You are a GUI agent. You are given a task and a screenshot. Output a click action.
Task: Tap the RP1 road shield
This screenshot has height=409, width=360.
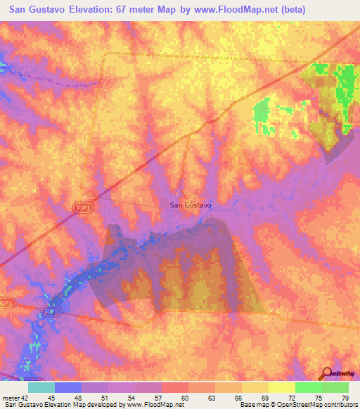[x=81, y=207]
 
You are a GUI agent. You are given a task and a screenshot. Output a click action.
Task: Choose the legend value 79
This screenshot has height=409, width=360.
[x=345, y=398]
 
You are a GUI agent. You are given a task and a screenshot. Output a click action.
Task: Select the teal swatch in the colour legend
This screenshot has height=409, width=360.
[x=41, y=387]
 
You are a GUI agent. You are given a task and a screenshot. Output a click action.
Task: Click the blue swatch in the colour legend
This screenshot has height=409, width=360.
[x=67, y=387]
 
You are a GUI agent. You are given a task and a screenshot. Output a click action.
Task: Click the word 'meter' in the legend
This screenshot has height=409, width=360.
[x=12, y=398]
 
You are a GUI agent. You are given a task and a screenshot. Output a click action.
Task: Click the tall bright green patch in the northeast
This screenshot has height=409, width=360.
[x=345, y=95]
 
